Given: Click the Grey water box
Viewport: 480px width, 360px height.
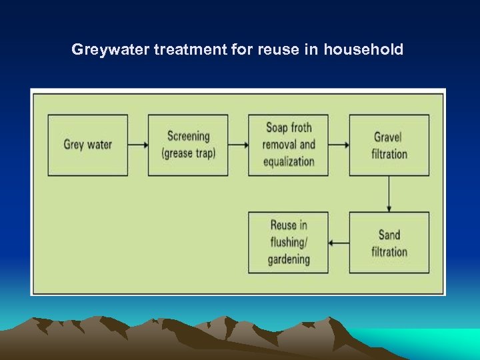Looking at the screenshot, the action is [87, 145].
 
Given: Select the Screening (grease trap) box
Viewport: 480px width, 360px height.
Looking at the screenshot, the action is [188, 145].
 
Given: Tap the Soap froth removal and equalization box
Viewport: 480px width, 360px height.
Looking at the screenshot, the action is [288, 145].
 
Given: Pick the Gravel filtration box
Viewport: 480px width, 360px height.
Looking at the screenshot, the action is [389, 145].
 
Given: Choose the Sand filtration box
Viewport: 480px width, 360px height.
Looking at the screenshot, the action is [389, 243].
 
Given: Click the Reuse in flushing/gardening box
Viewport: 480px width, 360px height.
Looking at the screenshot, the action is [288, 243].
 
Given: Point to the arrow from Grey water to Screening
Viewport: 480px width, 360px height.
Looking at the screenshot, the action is [138, 145].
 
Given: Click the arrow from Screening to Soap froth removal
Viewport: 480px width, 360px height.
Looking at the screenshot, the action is [238, 145].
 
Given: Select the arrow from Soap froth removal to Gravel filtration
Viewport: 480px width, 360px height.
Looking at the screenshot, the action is [339, 145].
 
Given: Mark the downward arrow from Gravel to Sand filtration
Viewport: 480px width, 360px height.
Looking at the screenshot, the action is [389, 194].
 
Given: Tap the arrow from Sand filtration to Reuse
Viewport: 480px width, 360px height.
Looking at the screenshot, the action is [339, 243].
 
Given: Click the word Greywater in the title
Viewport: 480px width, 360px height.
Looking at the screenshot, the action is [111, 49].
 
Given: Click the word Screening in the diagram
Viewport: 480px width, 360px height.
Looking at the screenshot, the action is [188, 136].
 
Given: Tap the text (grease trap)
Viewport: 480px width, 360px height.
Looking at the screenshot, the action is [188, 153].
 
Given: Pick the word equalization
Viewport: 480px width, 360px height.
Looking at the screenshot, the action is [288, 161].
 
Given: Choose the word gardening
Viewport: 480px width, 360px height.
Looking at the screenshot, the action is [289, 259].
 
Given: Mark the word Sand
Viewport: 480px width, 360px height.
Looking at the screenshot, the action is [389, 235].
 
